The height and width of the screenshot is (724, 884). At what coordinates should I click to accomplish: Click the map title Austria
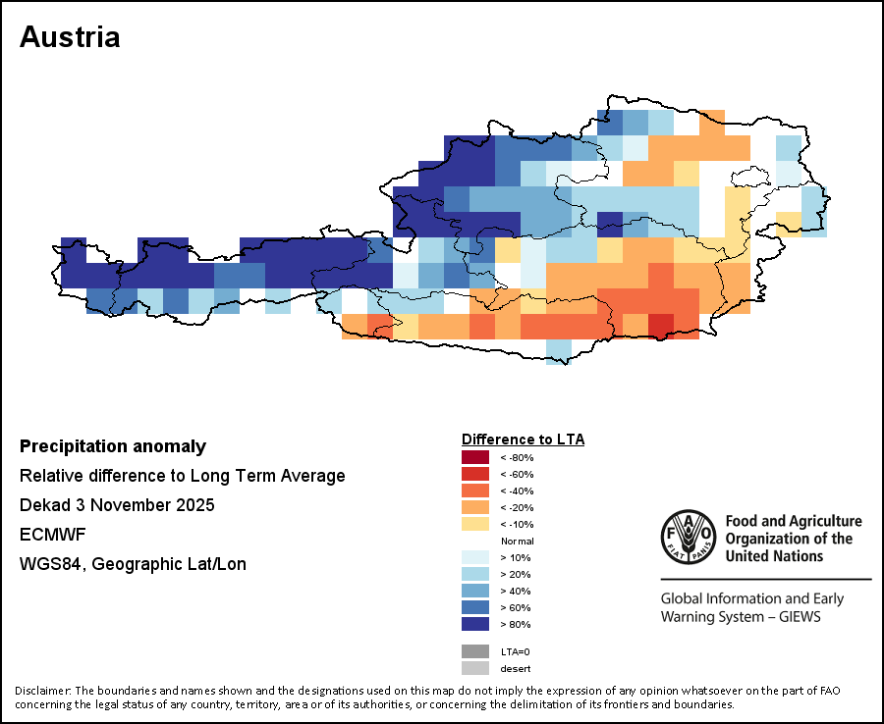[70, 37]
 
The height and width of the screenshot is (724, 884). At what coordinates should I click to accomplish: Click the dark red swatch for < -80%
[474, 457]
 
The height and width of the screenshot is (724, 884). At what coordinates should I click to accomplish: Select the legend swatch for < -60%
[474, 474]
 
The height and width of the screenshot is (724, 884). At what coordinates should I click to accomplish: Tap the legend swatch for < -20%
[474, 507]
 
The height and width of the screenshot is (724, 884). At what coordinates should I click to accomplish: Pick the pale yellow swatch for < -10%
[474, 524]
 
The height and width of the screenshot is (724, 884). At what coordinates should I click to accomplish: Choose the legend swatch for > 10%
[474, 557]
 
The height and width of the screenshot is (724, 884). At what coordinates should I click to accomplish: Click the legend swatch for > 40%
[474, 591]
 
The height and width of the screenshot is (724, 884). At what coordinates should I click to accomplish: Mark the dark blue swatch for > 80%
[474, 624]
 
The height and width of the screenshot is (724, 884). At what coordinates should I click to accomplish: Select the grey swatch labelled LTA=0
[474, 651]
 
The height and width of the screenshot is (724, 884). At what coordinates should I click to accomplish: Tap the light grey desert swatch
[474, 668]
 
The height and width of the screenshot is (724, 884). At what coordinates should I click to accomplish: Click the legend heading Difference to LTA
[523, 439]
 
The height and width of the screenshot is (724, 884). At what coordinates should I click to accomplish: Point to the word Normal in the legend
[517, 542]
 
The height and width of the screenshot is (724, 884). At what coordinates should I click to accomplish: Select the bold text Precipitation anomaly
[113, 446]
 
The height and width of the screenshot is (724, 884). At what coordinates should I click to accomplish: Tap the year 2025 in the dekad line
[193, 505]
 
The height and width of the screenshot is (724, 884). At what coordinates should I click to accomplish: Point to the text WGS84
[45, 564]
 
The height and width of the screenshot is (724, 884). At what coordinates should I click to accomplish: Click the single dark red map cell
[661, 326]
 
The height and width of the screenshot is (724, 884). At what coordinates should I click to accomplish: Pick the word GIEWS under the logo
[798, 617]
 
